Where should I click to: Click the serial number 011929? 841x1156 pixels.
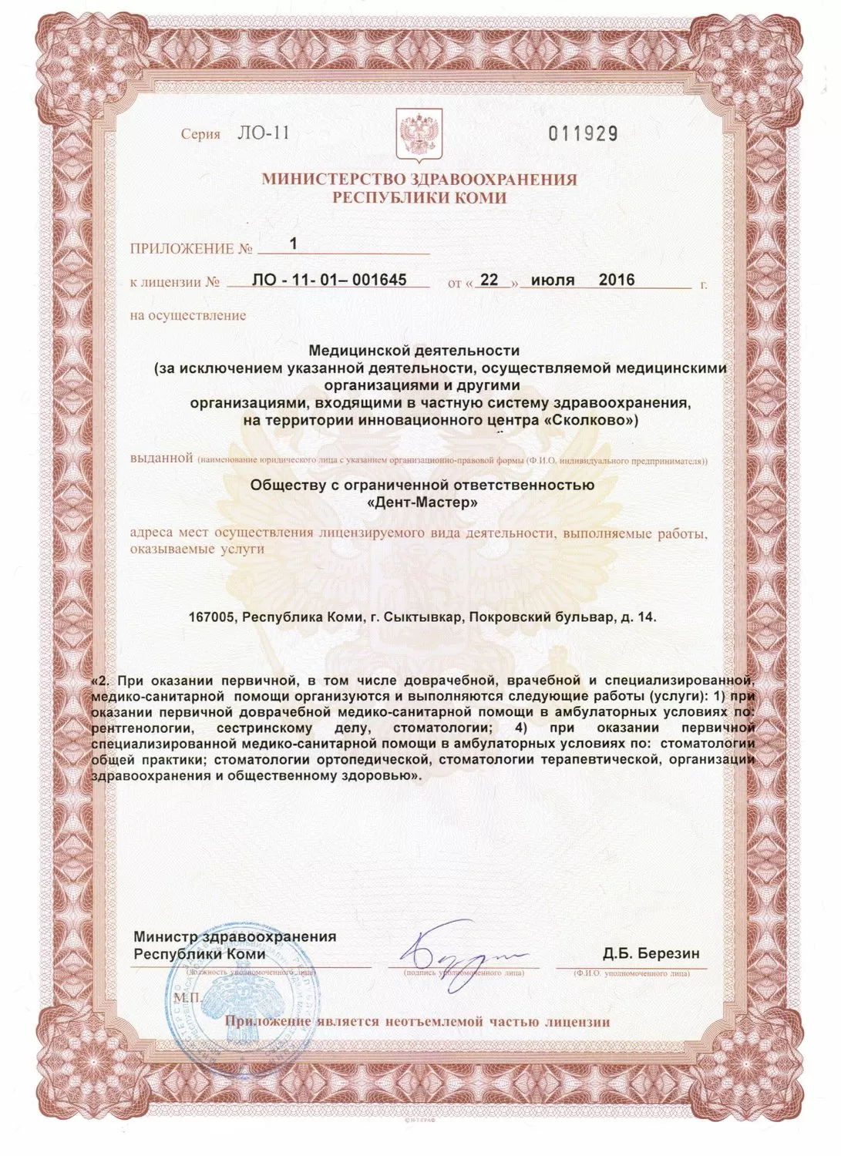[583, 133]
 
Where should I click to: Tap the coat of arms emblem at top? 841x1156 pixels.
[419, 133]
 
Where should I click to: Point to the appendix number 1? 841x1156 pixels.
[293, 244]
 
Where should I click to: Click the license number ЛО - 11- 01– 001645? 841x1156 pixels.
[329, 280]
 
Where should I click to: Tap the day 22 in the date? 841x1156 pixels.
[489, 280]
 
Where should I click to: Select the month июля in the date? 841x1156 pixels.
[553, 280]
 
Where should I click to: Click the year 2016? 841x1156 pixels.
[617, 280]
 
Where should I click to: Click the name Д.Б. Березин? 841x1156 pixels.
[651, 953]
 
